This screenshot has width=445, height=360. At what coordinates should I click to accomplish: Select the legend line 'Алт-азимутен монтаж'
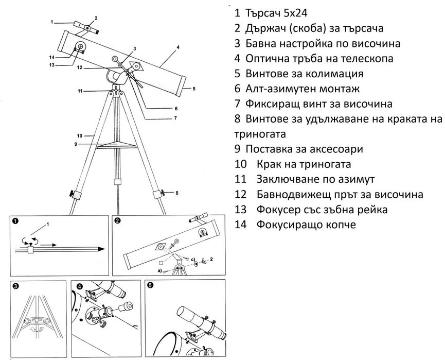[x=304, y=89]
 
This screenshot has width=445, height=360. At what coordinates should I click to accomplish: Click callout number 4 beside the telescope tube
[x=177, y=47]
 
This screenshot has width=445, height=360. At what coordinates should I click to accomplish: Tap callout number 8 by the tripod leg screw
[x=176, y=193]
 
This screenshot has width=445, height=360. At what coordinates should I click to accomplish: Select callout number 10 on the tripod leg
[x=79, y=136]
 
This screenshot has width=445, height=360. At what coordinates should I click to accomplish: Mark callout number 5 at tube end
[x=194, y=89]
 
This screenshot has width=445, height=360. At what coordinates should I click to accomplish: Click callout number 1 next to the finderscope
[x=52, y=22]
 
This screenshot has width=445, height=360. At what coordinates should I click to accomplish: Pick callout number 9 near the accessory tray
[x=75, y=144]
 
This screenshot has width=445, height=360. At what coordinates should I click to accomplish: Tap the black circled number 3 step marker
[x=16, y=286]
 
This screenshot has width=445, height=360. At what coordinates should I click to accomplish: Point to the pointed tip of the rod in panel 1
[x=101, y=249]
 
